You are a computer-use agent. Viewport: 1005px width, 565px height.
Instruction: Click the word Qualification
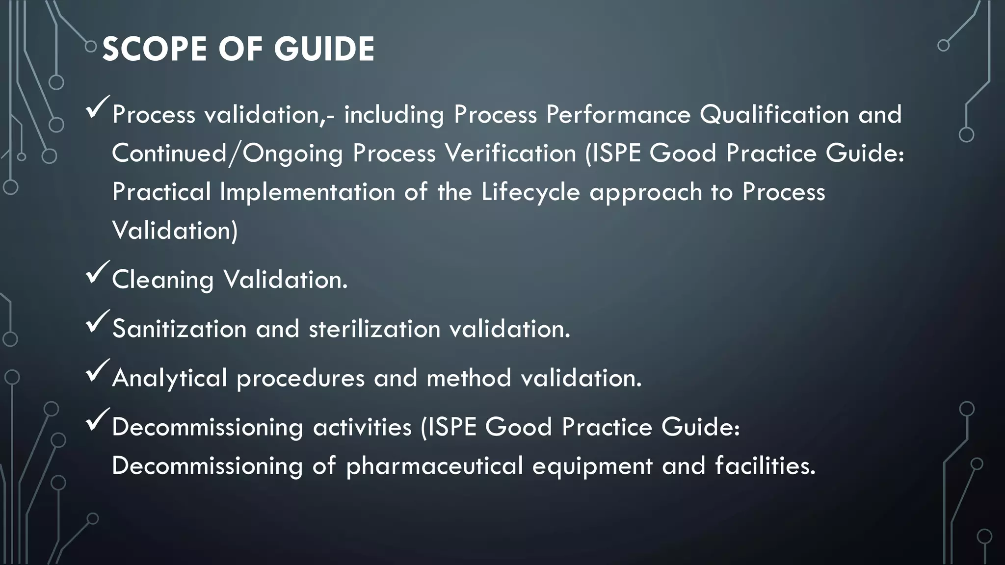774,115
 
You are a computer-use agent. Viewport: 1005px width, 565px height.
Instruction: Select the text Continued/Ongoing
227,153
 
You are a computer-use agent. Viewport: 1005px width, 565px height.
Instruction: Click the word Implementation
307,191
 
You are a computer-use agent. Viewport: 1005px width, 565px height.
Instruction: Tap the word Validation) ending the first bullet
175,230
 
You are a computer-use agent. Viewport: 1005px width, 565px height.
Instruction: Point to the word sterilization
374,329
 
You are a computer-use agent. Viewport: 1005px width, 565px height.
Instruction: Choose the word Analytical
170,378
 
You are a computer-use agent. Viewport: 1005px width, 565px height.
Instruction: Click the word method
469,378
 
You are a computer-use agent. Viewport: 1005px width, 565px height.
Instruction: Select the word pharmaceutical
434,466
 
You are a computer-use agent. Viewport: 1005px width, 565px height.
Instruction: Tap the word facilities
765,465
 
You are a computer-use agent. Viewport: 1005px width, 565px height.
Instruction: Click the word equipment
592,466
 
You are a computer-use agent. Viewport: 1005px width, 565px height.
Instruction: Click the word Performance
618,115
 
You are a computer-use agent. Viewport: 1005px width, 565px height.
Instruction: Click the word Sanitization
179,329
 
